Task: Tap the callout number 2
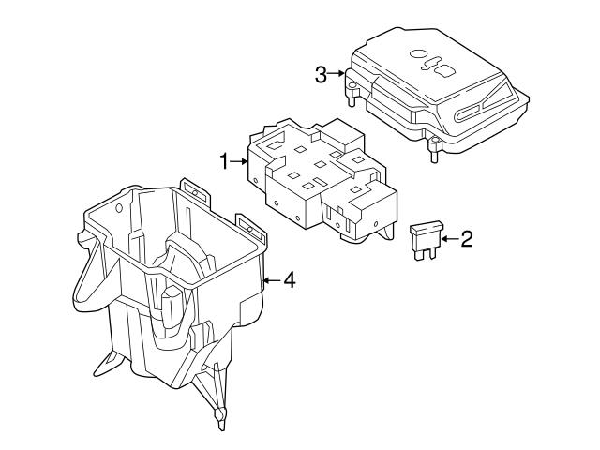click(466, 239)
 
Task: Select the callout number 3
click(322, 73)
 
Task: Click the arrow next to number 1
click(238, 162)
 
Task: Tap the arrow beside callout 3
click(337, 73)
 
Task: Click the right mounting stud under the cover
click(436, 148)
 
